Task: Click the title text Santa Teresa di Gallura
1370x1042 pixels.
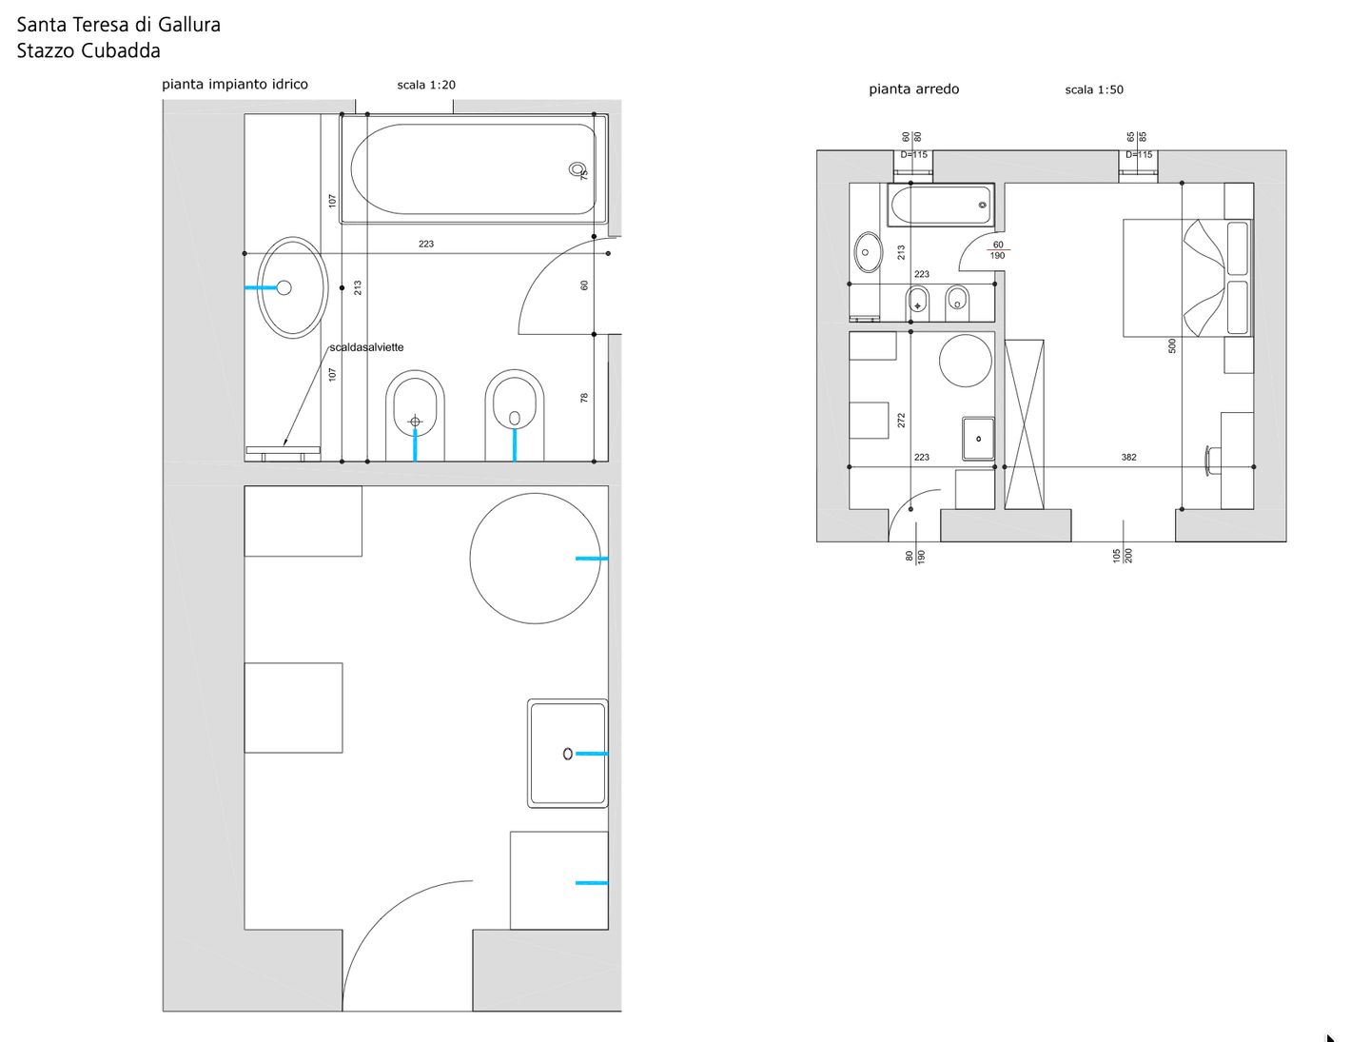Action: click(x=119, y=25)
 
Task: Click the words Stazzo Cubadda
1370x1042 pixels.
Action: click(x=88, y=50)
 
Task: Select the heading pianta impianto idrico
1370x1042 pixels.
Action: click(x=235, y=85)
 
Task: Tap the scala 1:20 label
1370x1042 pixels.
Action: click(x=426, y=85)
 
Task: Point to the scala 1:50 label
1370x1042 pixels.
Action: click(x=1093, y=89)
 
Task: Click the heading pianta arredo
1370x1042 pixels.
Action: click(x=913, y=89)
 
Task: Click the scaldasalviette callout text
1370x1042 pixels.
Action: click(x=366, y=347)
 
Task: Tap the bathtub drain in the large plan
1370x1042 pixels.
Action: click(x=577, y=169)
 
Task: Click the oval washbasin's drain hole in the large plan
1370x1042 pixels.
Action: click(x=284, y=287)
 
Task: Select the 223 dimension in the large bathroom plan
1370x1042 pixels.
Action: click(x=425, y=245)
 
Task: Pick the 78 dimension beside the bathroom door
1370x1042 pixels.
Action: click(x=583, y=398)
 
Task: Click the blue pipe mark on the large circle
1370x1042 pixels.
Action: click(x=591, y=559)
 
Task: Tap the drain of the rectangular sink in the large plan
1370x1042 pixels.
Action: click(x=567, y=755)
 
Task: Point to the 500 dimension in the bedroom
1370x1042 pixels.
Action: click(x=1171, y=345)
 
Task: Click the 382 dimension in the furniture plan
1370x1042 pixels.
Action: click(x=1128, y=457)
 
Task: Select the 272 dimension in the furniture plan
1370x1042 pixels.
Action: click(x=901, y=421)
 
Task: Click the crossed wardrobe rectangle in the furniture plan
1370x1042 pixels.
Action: click(x=1024, y=423)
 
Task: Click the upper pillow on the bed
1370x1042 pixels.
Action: click(x=1237, y=248)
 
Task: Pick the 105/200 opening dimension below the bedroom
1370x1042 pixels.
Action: click(x=1123, y=556)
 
